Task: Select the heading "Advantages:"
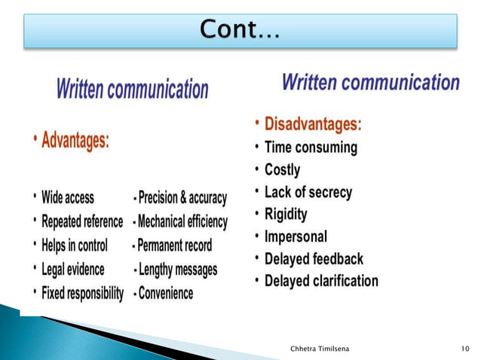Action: [x=75, y=141]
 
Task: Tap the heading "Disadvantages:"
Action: [x=312, y=123]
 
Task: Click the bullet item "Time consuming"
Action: [x=310, y=148]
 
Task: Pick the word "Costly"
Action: [x=282, y=169]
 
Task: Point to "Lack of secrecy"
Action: [x=308, y=192]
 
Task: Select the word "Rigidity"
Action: [x=286, y=215]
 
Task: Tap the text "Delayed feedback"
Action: [x=314, y=259]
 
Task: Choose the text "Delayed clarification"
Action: [x=321, y=281]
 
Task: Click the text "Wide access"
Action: [x=68, y=198]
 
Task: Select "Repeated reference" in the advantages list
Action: [x=82, y=221]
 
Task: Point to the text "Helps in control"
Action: [x=75, y=246]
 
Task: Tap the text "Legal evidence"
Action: [x=73, y=269]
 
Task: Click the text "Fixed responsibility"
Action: [x=83, y=293]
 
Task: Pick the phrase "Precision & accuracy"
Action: [x=182, y=198]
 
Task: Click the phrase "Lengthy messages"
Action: [x=178, y=269]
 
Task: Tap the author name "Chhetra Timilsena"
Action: [x=323, y=347]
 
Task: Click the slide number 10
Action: [x=464, y=347]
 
